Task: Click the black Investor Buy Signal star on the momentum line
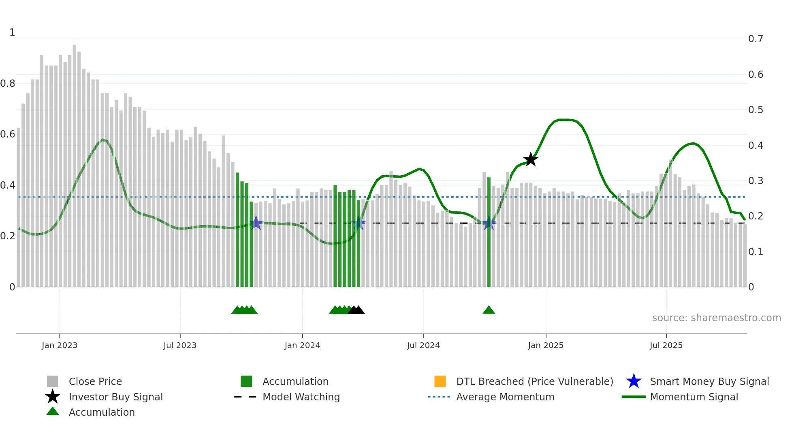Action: click(x=530, y=159)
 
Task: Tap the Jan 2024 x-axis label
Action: click(x=302, y=345)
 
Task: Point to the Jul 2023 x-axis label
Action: click(x=180, y=345)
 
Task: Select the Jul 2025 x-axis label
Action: click(x=666, y=345)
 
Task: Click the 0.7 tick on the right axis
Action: click(x=756, y=39)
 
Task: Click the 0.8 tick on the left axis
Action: click(x=8, y=84)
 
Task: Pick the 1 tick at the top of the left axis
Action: click(x=12, y=32)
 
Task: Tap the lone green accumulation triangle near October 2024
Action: click(x=489, y=310)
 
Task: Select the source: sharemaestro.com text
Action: click(x=716, y=318)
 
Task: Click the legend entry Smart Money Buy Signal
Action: click(x=709, y=381)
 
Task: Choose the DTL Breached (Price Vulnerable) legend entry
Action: click(x=534, y=381)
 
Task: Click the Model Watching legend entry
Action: click(x=301, y=397)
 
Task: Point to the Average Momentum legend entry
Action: click(x=505, y=397)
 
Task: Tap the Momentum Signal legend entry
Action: click(x=694, y=397)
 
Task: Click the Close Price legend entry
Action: click(x=95, y=381)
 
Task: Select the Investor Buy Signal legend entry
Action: click(x=115, y=397)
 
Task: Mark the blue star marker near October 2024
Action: click(x=489, y=223)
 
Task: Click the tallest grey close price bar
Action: click(x=75, y=162)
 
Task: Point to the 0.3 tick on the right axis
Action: click(x=756, y=181)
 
